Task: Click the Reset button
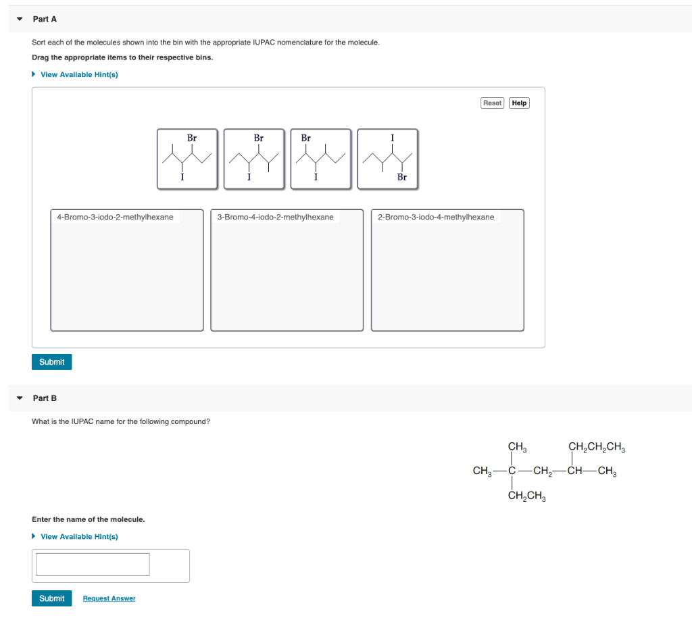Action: (x=492, y=103)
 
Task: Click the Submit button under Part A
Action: (x=51, y=362)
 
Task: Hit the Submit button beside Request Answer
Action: (x=51, y=598)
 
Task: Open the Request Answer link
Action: (x=109, y=598)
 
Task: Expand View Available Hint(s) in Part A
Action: (x=78, y=74)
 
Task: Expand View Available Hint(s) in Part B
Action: (x=78, y=536)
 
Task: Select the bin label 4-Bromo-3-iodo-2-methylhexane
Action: (x=115, y=217)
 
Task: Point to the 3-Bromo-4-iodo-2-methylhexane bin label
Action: (x=275, y=217)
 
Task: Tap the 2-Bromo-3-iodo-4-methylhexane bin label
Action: (x=436, y=217)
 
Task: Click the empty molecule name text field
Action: (x=93, y=565)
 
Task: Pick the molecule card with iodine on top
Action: (x=387, y=159)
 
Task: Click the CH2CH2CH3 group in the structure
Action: (x=597, y=446)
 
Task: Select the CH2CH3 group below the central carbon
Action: (x=526, y=497)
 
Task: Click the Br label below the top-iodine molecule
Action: (x=402, y=178)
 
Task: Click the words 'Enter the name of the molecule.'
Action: (x=89, y=519)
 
